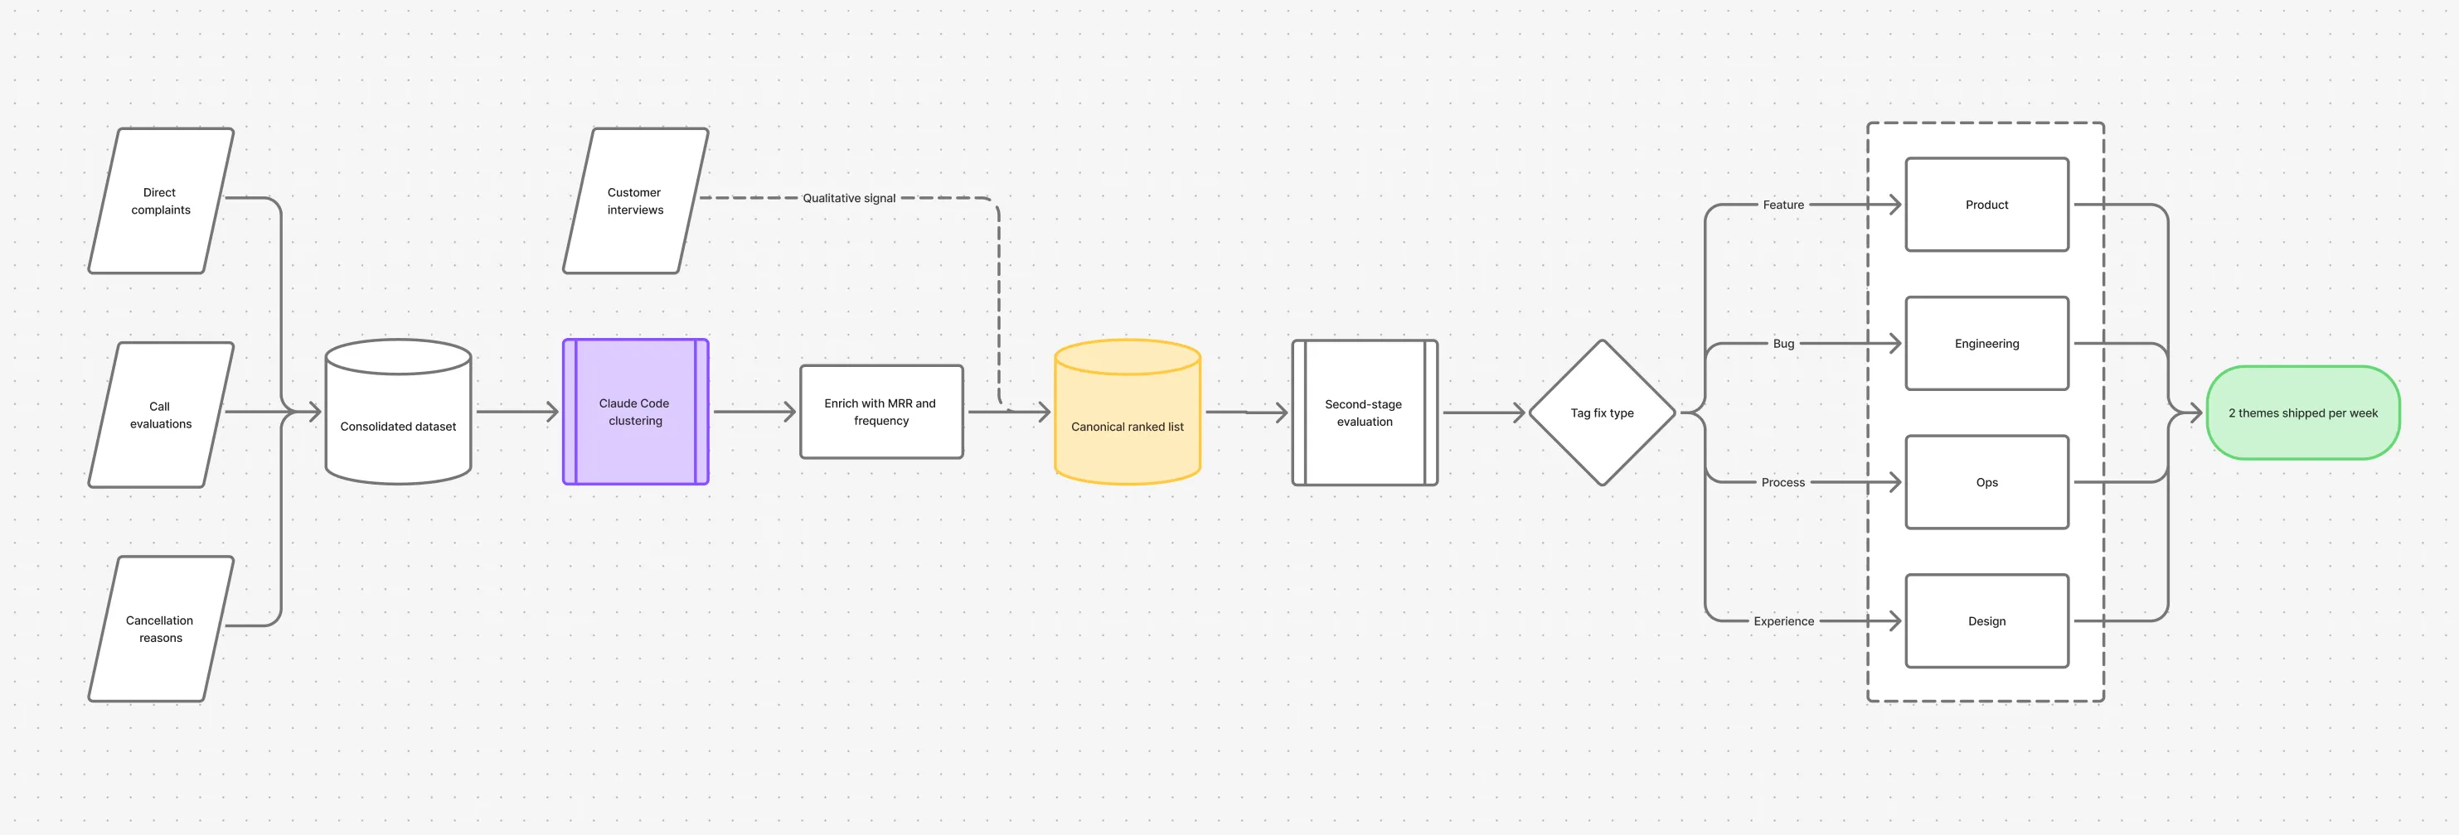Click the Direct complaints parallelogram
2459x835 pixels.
coord(160,200)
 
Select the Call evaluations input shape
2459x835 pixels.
coord(160,414)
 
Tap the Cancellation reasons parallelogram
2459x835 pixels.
coord(160,629)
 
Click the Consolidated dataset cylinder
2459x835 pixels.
coord(398,413)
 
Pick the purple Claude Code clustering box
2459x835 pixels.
coord(636,413)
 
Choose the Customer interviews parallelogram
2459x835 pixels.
coord(636,200)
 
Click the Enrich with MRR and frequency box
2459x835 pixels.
coord(881,413)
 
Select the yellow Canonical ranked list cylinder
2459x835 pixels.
coord(1128,413)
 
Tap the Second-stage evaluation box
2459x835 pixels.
coord(1364,413)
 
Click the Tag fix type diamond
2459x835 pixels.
coord(1602,413)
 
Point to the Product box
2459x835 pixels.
coord(1986,205)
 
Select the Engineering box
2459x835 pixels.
coord(1986,344)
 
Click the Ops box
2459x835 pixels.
coord(1986,482)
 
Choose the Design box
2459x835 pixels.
coord(1986,621)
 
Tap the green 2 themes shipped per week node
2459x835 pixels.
coord(2302,413)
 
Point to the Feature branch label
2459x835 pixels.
coord(1783,205)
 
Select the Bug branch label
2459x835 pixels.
coord(1783,344)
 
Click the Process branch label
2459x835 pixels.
coord(1783,482)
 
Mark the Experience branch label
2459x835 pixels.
coord(1783,621)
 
